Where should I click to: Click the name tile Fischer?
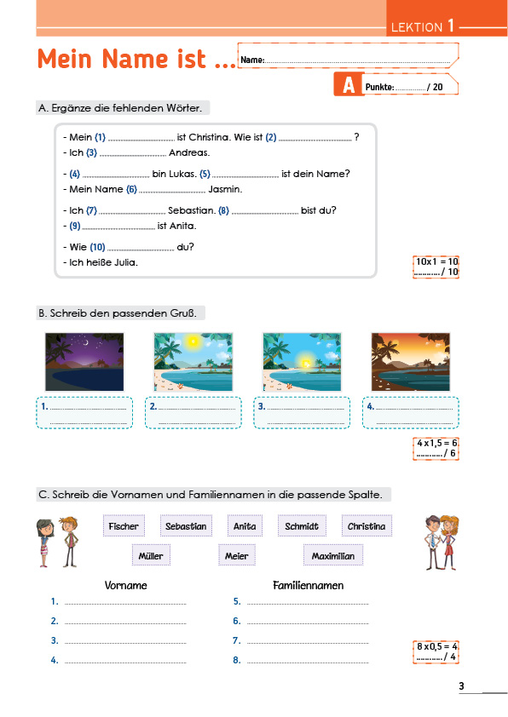124,526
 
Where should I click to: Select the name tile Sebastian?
186,526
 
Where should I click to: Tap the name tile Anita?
245,526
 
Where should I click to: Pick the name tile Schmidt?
302,526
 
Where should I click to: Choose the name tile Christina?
367,526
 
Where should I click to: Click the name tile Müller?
151,555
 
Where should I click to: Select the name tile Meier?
237,555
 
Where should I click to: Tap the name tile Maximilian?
333,555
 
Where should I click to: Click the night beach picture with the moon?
84,362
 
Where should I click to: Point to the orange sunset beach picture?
411,362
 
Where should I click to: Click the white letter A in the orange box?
349,84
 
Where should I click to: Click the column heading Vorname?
126,585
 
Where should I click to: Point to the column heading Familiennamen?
308,585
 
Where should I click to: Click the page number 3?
461,685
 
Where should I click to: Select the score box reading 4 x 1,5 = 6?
436,448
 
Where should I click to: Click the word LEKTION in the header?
417,27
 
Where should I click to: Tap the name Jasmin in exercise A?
225,189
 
